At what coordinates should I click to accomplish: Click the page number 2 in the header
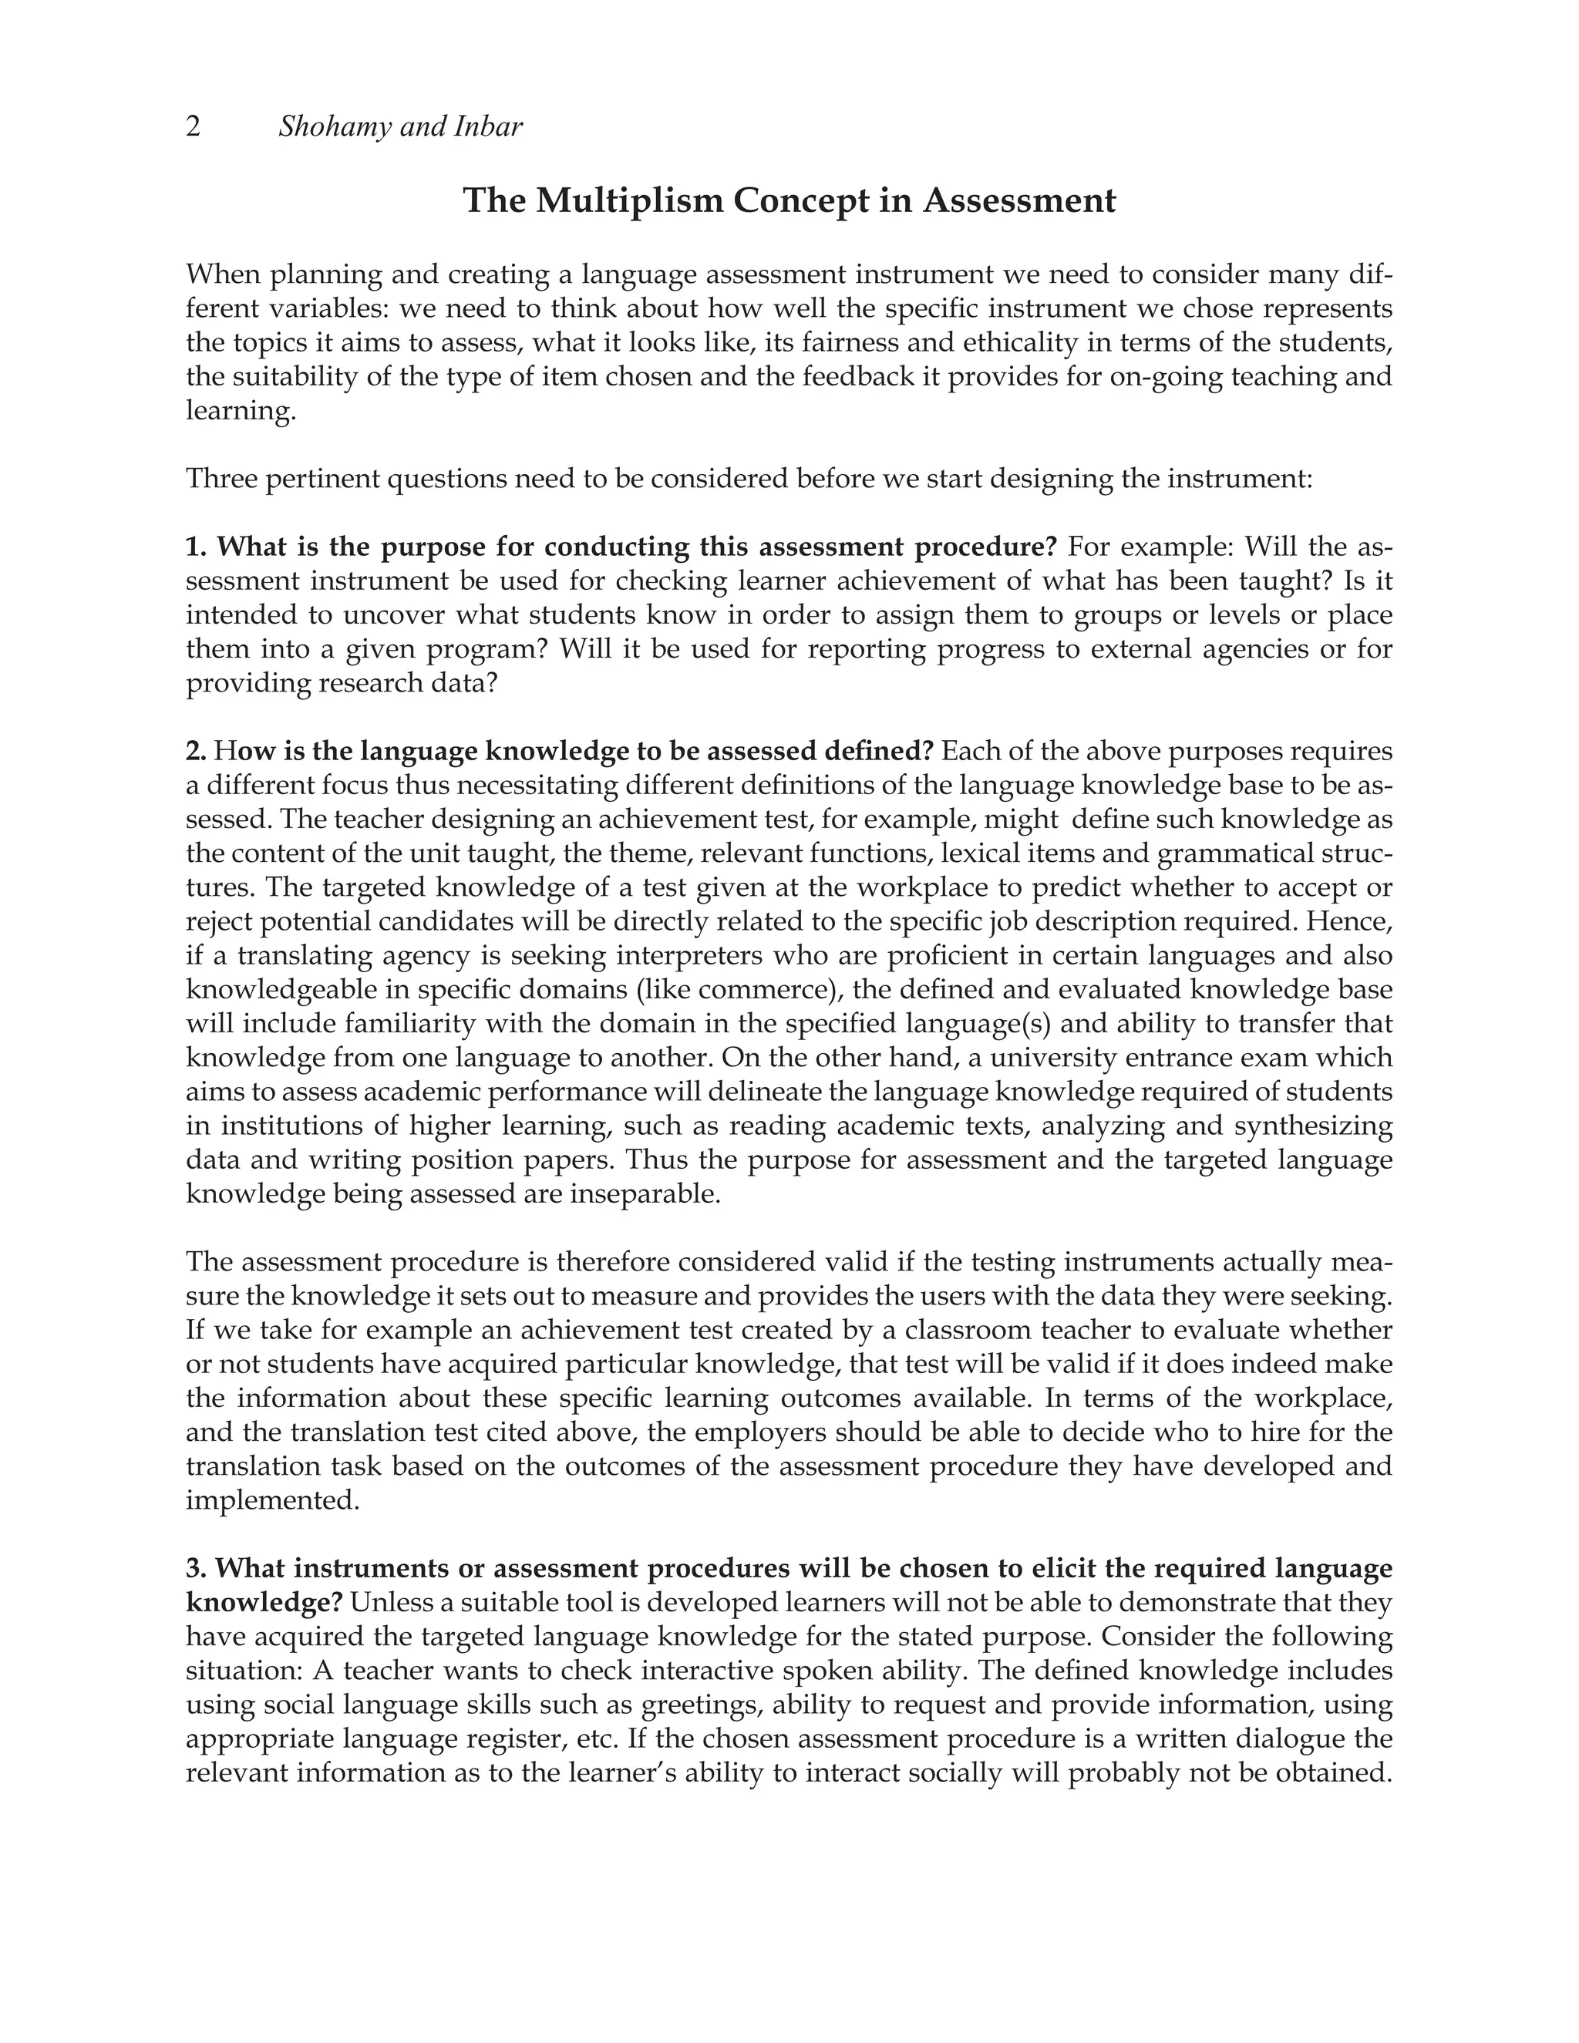click(x=194, y=126)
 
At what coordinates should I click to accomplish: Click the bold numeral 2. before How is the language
click(x=196, y=751)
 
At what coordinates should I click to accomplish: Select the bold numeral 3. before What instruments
click(x=197, y=1569)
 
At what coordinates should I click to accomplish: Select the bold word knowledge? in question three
click(x=264, y=1603)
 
